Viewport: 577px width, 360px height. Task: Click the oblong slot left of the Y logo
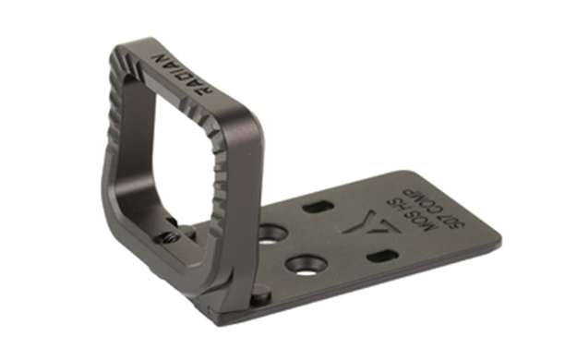(x=319, y=206)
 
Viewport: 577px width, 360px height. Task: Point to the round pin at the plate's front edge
(x=259, y=296)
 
